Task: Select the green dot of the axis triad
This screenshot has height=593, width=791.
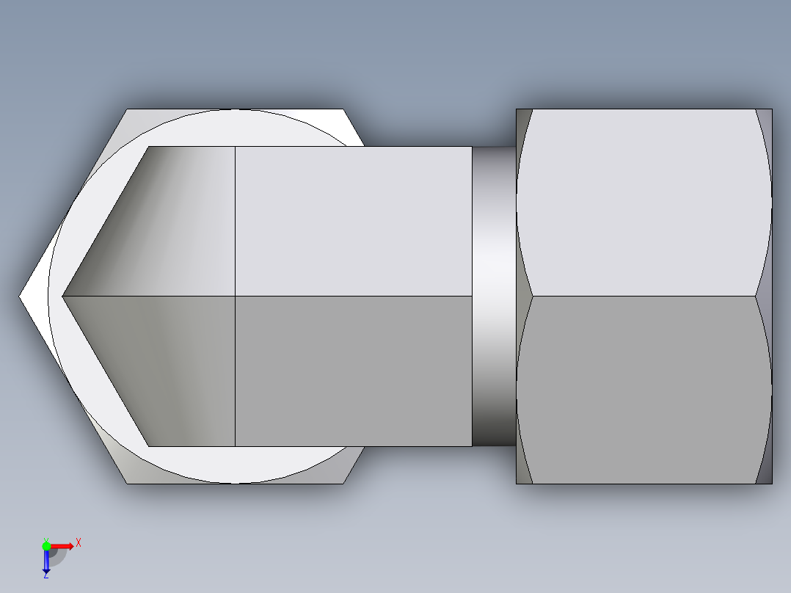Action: (46, 545)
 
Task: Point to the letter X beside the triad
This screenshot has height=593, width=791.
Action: (78, 542)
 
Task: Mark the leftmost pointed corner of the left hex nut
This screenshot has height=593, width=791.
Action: (21, 296)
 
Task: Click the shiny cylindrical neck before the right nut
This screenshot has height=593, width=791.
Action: (493, 296)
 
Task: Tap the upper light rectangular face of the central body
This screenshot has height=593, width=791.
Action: (352, 220)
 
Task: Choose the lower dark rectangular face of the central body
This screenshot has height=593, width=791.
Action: (352, 371)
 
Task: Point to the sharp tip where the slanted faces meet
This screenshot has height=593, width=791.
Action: (63, 296)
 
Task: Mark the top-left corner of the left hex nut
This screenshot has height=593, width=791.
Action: (128, 110)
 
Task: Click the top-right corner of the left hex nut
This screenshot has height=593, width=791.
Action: (343, 110)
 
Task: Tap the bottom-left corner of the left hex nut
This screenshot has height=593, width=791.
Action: (128, 483)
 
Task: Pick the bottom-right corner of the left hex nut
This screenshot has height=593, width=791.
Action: (343, 483)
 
